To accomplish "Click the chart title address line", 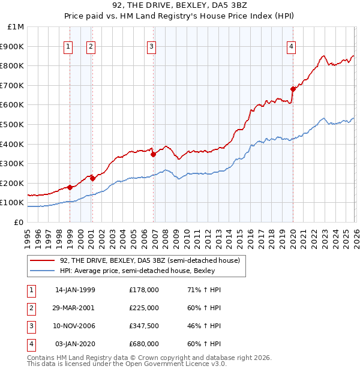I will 180,5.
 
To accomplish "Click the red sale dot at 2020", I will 293,89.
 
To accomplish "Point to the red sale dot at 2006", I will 154,154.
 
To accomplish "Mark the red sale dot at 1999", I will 70,187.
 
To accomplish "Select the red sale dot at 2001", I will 92,178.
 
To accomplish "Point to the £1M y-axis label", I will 16,26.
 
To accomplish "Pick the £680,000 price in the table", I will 144,344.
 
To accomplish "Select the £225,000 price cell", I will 144,308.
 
